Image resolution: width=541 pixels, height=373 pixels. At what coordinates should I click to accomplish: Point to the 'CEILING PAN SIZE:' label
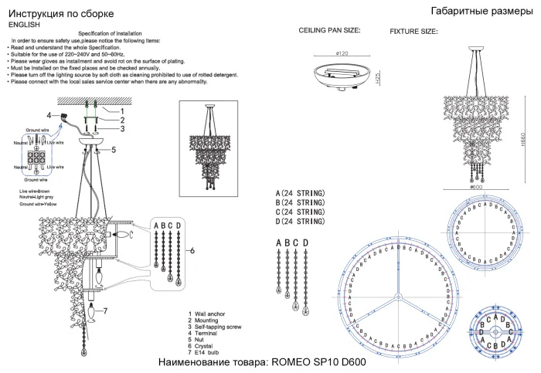point(329,31)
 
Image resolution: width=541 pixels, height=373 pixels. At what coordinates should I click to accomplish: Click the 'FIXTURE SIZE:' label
point(413,32)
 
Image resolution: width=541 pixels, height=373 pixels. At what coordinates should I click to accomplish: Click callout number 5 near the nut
point(113,150)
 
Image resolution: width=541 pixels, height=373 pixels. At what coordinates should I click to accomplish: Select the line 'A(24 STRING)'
point(301,192)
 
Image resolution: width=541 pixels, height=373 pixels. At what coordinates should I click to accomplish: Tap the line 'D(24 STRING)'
point(301,222)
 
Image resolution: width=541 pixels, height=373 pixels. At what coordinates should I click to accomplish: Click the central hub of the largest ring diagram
point(396,297)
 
